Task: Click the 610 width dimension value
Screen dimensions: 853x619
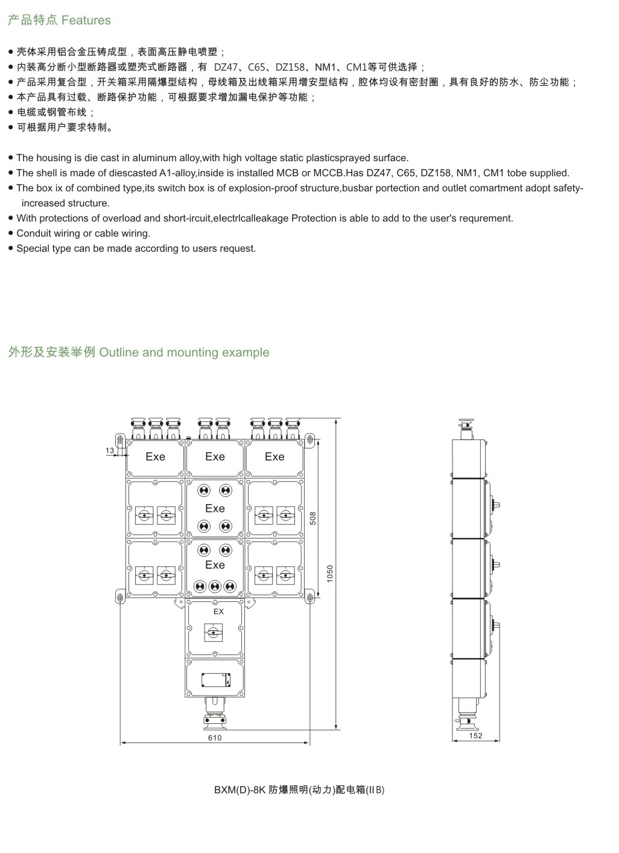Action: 215,738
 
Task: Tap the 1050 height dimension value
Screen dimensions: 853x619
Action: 330,573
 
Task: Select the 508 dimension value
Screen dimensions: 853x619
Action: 313,518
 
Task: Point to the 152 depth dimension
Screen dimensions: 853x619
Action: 475,736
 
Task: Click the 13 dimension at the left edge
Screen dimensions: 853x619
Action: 110,450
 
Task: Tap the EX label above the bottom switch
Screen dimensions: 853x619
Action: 218,612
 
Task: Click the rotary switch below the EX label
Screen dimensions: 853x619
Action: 213,633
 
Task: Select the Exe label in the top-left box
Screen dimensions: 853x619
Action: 155,457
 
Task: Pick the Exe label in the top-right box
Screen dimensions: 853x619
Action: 275,457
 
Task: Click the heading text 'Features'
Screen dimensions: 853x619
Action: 86,21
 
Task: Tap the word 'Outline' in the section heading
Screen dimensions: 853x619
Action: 119,353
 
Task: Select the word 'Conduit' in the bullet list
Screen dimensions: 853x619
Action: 34,234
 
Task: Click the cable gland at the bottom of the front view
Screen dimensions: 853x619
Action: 215,712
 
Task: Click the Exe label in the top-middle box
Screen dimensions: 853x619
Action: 215,457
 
